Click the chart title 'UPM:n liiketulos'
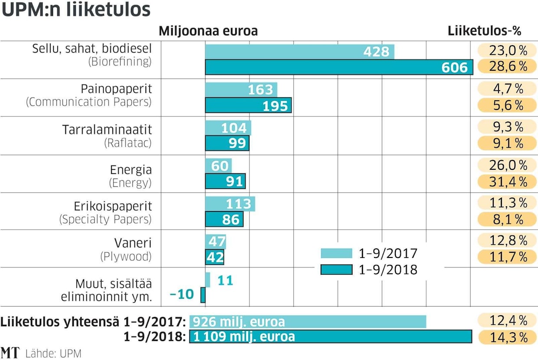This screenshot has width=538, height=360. (x=76, y=10)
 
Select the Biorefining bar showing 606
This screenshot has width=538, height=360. (x=338, y=67)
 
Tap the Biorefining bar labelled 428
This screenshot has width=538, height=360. (x=299, y=52)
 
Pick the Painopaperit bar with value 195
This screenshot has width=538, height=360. (x=248, y=106)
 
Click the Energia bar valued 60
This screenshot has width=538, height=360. (x=218, y=165)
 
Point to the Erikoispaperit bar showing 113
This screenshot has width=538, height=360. (x=230, y=204)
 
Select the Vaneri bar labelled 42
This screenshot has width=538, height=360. (x=214, y=257)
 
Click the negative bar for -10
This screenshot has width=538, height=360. (x=203, y=295)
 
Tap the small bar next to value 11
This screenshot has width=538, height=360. (x=208, y=280)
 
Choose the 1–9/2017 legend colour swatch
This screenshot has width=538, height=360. (x=336, y=253)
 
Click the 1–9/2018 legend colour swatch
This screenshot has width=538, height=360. (x=336, y=270)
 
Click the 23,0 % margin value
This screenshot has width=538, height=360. (x=502, y=50)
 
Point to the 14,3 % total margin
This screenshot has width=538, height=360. (x=502, y=337)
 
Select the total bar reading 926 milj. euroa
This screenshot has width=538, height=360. (x=308, y=322)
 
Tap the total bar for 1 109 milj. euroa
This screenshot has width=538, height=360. (x=330, y=337)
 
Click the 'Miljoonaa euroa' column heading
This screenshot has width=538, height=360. (x=208, y=31)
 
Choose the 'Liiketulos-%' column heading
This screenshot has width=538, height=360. (x=484, y=31)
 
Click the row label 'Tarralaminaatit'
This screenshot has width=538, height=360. (x=107, y=129)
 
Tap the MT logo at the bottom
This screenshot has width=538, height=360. (x=10, y=353)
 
